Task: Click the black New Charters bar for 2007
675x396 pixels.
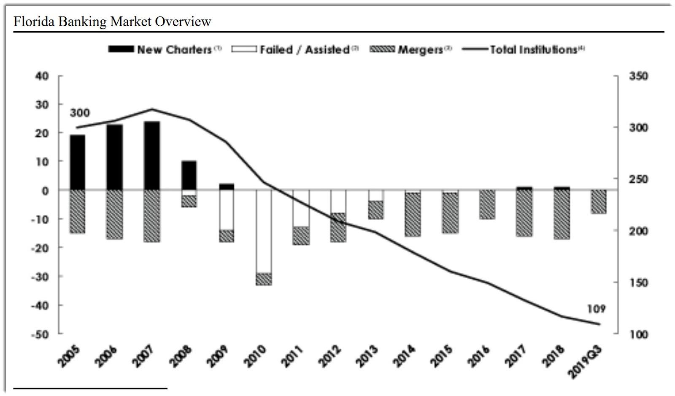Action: click(152, 156)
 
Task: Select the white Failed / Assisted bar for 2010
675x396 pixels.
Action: click(264, 231)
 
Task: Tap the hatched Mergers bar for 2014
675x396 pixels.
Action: click(412, 214)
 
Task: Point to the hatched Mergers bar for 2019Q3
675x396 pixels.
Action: click(598, 202)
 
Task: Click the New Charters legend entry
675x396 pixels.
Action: click(165, 50)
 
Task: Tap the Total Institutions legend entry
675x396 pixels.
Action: click(523, 50)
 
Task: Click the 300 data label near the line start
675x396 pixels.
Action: click(80, 113)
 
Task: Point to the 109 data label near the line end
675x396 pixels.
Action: click(596, 309)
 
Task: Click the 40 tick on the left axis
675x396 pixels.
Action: click(44, 76)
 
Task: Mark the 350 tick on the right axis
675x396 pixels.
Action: click(638, 76)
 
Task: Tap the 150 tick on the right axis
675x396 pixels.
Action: click(638, 283)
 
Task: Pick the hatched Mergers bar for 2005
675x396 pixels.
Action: click(77, 211)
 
